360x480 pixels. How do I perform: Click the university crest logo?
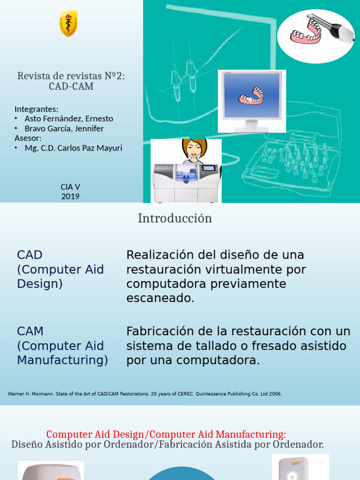coord(68,23)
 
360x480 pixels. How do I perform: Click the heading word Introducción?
coord(175,218)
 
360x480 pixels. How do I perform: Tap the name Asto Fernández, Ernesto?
coord(69,119)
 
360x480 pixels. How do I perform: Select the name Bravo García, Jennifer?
coord(64,128)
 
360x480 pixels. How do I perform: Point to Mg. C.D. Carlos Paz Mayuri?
coord(73,148)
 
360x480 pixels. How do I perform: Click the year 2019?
coord(70,196)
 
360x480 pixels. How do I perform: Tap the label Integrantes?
coord(37,109)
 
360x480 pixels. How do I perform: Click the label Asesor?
coord(28,138)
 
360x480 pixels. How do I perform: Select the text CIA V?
coord(70,187)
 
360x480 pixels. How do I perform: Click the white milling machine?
coord(186,182)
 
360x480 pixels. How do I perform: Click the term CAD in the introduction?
coord(30,255)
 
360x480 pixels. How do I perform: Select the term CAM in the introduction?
coord(30,331)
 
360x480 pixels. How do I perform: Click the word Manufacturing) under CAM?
coord(62,360)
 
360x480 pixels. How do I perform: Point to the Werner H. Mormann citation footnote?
coord(145,394)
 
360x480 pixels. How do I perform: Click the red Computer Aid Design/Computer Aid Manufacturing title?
coord(166,434)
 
